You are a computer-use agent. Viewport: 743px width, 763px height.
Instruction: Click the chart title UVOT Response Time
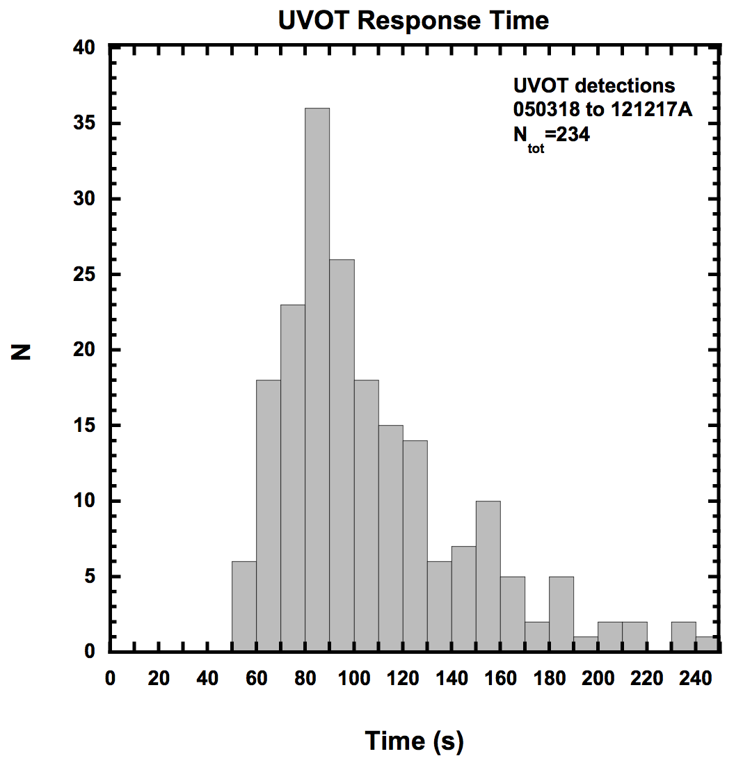pyautogui.click(x=413, y=20)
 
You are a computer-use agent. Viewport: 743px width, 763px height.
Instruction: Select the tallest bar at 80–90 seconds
pyautogui.click(x=317, y=379)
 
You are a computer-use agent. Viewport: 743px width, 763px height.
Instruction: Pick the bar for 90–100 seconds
pyautogui.click(x=342, y=456)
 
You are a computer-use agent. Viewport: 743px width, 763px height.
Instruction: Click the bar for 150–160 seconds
pyautogui.click(x=488, y=576)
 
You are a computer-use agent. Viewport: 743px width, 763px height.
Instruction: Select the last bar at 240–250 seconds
pyautogui.click(x=708, y=644)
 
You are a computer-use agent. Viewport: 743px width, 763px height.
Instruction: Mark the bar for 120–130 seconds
pyautogui.click(x=415, y=546)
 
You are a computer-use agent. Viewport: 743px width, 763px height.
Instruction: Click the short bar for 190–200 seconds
pyautogui.click(x=586, y=644)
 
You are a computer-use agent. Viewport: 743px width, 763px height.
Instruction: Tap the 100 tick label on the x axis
pyautogui.click(x=354, y=679)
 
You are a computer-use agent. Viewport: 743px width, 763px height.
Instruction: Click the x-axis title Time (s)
pyautogui.click(x=413, y=741)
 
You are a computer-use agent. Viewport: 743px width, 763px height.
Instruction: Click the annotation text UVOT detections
pyautogui.click(x=593, y=86)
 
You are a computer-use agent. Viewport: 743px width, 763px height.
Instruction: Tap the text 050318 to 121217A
pyautogui.click(x=602, y=110)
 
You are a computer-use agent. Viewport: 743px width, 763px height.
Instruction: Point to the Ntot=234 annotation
pyautogui.click(x=551, y=136)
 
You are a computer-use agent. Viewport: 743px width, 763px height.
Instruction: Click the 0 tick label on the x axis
pyautogui.click(x=110, y=679)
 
